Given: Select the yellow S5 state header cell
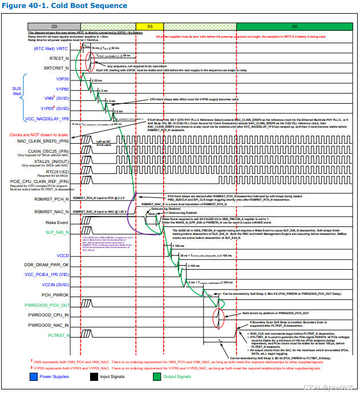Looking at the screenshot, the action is point(150,27).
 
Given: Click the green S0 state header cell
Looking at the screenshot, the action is point(294,27).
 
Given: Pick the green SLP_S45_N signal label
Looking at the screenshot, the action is point(54,233).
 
